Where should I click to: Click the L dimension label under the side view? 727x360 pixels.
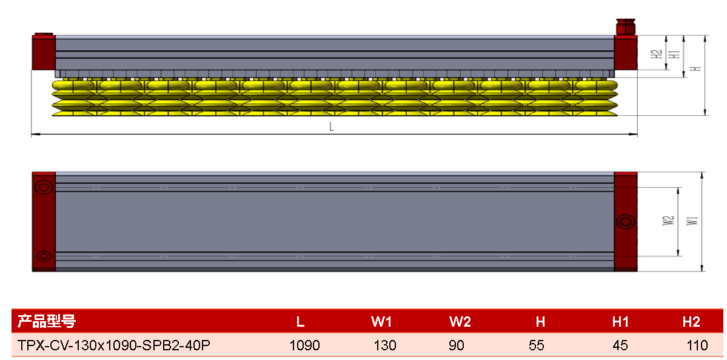(x=332, y=127)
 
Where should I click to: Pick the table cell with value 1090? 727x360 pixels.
(x=304, y=345)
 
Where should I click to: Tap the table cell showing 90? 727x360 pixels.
(x=457, y=345)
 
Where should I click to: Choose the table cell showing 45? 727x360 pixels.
(x=620, y=345)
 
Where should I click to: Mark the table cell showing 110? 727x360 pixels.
(x=697, y=345)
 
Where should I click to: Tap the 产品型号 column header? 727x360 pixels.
(x=46, y=321)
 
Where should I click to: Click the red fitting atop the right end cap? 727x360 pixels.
(x=625, y=26)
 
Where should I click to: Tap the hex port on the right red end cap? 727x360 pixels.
(x=626, y=221)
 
